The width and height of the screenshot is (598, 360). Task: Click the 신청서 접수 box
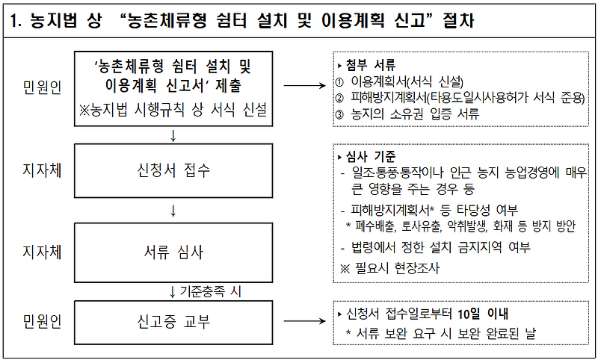coord(173,170)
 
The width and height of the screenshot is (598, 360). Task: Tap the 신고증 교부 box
coord(173,323)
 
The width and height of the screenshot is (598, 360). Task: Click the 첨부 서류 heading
coord(371,65)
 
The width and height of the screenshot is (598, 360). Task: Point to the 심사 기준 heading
coord(371,156)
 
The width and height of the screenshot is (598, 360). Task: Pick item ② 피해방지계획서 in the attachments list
coord(460,98)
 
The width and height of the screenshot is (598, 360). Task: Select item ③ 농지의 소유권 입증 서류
coord(411,114)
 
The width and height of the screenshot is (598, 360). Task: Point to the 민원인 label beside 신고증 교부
coord(42,323)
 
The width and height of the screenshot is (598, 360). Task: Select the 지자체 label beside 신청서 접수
coord(42,170)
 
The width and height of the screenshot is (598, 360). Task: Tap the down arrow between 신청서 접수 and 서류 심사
coord(173,211)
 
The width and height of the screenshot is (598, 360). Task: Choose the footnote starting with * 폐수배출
coord(460,226)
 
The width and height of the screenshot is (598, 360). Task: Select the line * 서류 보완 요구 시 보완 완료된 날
coord(440,334)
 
